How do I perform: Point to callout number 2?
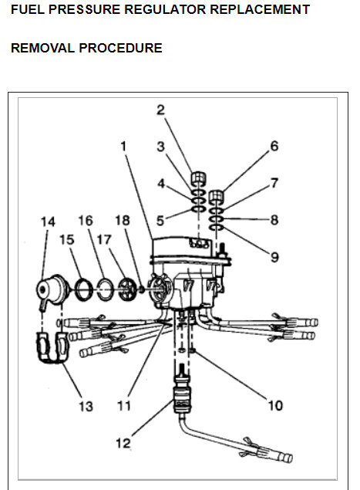pos(160,110)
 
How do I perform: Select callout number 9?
pos(274,256)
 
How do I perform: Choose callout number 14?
pos(48,222)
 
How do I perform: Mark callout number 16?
pos(85,222)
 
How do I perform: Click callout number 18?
pos(122,222)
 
